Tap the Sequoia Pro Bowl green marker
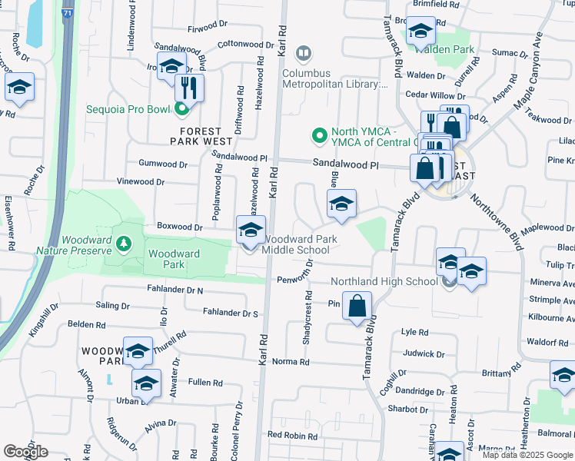pyautogui.click(x=182, y=109)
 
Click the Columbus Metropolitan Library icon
pyautogui.click(x=304, y=53)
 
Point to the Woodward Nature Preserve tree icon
pyautogui.click(x=123, y=244)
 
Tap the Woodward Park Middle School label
pyautogui.click(x=296, y=244)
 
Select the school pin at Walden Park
pyautogui.click(x=420, y=32)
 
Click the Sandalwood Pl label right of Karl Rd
pyautogui.click(x=346, y=164)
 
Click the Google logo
pyautogui.click(x=25, y=452)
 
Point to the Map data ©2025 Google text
pyautogui.click(x=527, y=455)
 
